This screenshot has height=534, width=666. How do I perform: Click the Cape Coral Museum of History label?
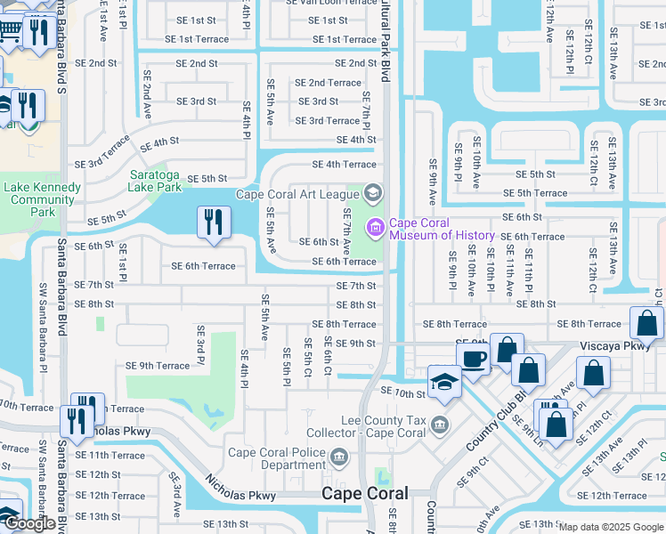(x=442, y=230)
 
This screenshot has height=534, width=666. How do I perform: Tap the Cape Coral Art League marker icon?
(x=373, y=193)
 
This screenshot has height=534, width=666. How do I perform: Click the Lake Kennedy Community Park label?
(x=43, y=199)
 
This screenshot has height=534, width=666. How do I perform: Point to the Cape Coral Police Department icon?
(x=337, y=458)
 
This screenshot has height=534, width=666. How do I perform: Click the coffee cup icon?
(x=474, y=358)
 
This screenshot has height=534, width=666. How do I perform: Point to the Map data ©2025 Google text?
(x=611, y=527)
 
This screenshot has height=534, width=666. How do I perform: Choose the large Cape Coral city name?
(x=364, y=493)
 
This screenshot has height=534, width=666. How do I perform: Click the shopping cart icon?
(x=9, y=31)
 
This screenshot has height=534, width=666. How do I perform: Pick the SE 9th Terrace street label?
(x=158, y=366)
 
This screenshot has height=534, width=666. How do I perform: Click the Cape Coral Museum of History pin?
(x=375, y=229)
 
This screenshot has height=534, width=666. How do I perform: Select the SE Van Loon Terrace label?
(x=332, y=3)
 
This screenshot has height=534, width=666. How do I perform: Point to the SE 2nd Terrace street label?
(x=328, y=83)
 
